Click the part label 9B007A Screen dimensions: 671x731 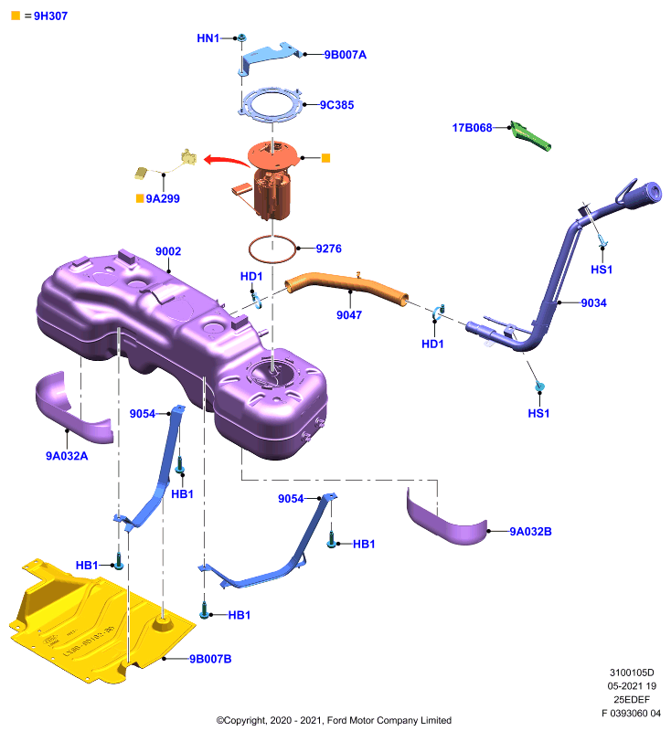click(345, 55)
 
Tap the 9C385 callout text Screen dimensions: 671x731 click(336, 105)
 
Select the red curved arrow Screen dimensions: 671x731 click(227, 161)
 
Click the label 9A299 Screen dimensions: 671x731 click(163, 198)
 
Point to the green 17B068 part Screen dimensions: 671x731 click(530, 136)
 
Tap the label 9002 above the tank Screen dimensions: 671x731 click(168, 251)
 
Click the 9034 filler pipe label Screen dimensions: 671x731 click(593, 303)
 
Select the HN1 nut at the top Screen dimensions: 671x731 click(241, 37)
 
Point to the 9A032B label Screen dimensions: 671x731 click(530, 532)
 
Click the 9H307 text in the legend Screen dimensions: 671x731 click(51, 16)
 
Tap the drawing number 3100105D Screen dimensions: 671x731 click(632, 673)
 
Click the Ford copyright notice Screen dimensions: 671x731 click(334, 720)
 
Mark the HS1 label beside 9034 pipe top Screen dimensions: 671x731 click(602, 270)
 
